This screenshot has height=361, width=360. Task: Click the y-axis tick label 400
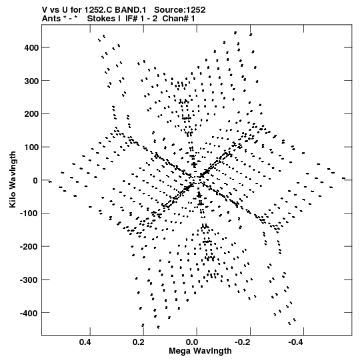[31, 48]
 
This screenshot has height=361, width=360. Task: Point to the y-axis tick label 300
[31, 81]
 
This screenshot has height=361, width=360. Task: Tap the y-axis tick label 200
[31, 114]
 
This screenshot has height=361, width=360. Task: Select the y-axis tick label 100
[31, 147]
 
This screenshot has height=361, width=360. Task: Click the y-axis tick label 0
[35, 180]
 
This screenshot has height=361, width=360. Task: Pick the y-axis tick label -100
[29, 214]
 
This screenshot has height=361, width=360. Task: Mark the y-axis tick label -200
[29, 247]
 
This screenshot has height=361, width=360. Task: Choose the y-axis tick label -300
[29, 280]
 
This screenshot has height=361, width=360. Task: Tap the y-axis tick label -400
[29, 313]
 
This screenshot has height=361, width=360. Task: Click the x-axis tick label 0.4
[85, 342]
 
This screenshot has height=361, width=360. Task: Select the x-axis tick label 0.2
[139, 342]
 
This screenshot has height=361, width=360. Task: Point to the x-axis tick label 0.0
[192, 342]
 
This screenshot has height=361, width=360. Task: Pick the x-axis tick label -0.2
[243, 342]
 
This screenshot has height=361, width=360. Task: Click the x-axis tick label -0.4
[297, 342]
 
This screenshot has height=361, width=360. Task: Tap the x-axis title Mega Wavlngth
[200, 351]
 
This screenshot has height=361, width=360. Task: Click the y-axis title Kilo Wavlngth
[13, 179]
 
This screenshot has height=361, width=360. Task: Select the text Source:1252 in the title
[179, 10]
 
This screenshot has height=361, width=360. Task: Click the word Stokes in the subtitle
[104, 19]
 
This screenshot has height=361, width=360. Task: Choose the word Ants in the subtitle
[51, 19]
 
